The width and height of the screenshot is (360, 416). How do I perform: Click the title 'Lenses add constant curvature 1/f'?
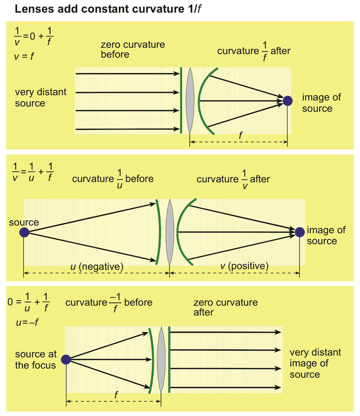pyautogui.click(x=108, y=9)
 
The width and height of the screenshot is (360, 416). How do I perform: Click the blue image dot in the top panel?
pyautogui.click(x=288, y=101)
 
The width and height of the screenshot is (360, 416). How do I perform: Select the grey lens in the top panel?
pyautogui.click(x=190, y=100)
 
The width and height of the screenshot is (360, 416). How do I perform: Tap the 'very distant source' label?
pyautogui.click(x=40, y=98)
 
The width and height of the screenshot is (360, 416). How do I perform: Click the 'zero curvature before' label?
pyautogui.click(x=133, y=50)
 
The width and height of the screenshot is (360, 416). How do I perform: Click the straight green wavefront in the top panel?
pyautogui.click(x=181, y=100)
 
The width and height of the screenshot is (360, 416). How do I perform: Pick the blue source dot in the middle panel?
pyautogui.click(x=24, y=232)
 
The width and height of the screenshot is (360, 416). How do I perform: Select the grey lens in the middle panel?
pyautogui.click(x=170, y=232)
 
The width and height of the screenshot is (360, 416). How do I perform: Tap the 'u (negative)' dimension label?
pyautogui.click(x=97, y=267)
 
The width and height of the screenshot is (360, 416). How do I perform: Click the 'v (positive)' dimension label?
pyautogui.click(x=244, y=266)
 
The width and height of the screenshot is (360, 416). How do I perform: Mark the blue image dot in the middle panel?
pyautogui.click(x=300, y=232)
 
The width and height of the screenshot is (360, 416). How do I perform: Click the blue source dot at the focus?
pyautogui.click(x=66, y=359)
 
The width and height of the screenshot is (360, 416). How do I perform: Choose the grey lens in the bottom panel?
pyautogui.click(x=161, y=359)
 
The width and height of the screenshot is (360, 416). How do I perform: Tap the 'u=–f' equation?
pyautogui.click(x=27, y=322)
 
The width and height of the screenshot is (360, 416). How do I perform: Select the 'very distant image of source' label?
pyautogui.click(x=315, y=363)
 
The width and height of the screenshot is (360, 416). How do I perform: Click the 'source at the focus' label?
pyautogui.click(x=36, y=360)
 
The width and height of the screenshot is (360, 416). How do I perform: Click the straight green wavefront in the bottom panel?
pyautogui.click(x=169, y=359)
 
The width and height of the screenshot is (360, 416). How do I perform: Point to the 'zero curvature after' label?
pyautogui.click(x=225, y=307)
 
